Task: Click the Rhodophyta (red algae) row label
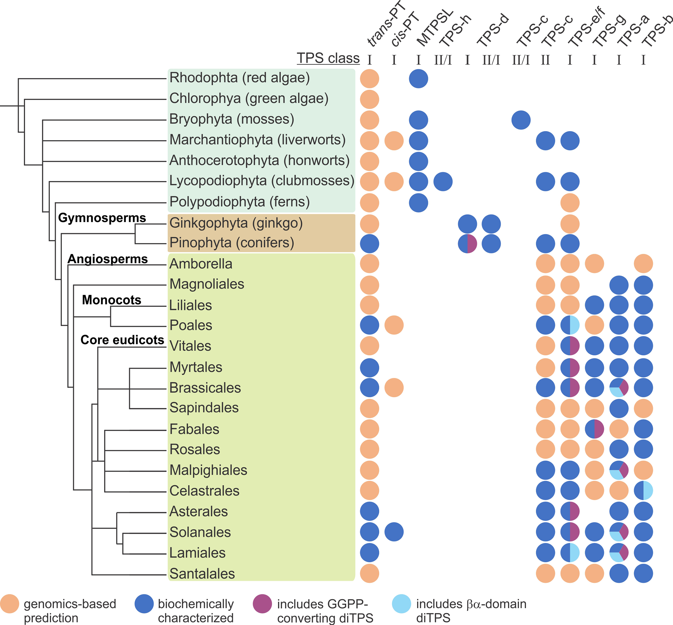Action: [x=239, y=78]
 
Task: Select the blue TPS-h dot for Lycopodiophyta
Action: [x=443, y=182]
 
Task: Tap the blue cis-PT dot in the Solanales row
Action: [x=394, y=532]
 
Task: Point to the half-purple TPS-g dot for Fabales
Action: [x=594, y=429]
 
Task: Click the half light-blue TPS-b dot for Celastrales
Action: [x=643, y=490]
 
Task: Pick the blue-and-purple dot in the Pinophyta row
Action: [x=467, y=243]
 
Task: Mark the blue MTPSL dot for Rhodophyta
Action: [x=418, y=78]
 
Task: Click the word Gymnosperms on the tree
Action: [x=102, y=217]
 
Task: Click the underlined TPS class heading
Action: [x=328, y=58]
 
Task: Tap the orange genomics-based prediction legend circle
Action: [x=9, y=604]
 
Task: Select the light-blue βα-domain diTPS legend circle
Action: [x=401, y=604]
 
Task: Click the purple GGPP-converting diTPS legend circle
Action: [x=262, y=604]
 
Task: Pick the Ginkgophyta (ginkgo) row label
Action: [x=236, y=223]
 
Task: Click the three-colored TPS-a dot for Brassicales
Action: [x=619, y=388]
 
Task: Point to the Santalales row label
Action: [x=202, y=574]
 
